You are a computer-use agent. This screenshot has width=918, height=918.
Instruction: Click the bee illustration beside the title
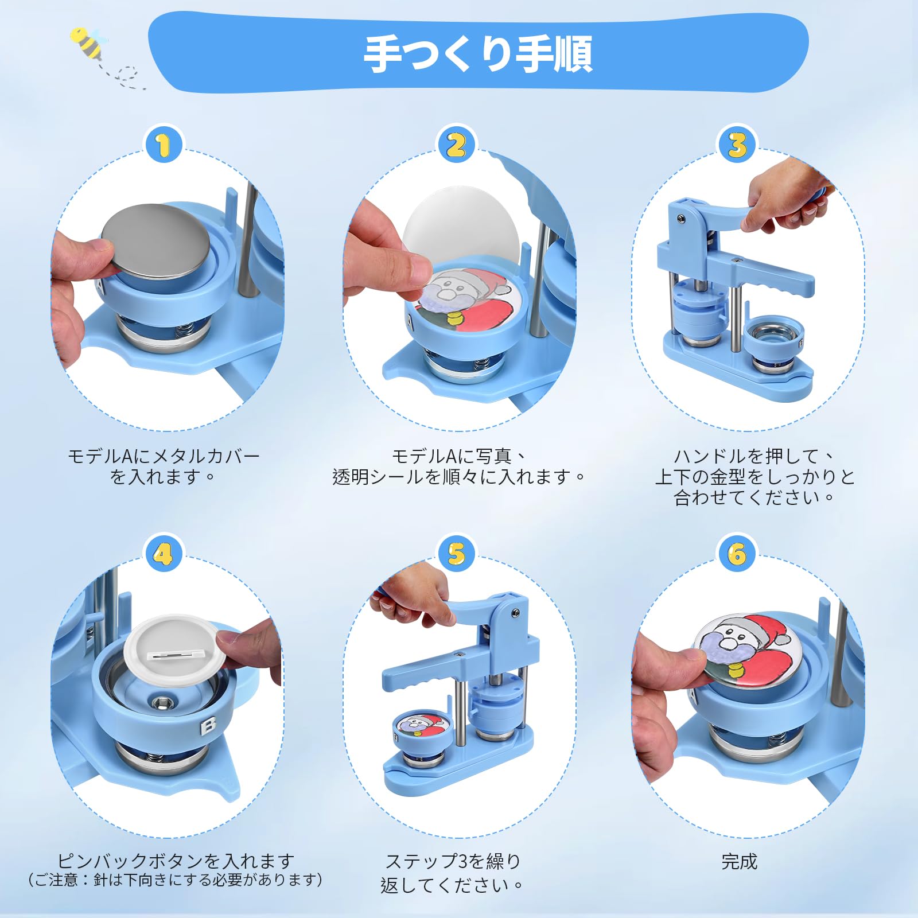tap(88, 42)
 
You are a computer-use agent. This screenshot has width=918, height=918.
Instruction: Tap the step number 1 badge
tap(164, 145)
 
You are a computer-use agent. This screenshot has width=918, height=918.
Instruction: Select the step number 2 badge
tap(457, 145)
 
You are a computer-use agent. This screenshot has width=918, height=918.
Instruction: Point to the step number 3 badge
tap(737, 145)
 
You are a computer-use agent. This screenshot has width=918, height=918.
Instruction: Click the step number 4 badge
tap(164, 554)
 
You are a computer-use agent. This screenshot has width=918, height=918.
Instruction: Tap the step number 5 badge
tap(457, 554)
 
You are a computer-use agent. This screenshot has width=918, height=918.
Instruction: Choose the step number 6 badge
tap(737, 554)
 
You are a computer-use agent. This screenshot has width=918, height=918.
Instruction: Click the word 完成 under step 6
tap(739, 861)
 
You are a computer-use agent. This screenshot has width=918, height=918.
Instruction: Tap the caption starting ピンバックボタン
tap(176, 861)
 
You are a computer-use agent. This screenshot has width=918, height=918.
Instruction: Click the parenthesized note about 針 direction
tap(176, 880)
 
